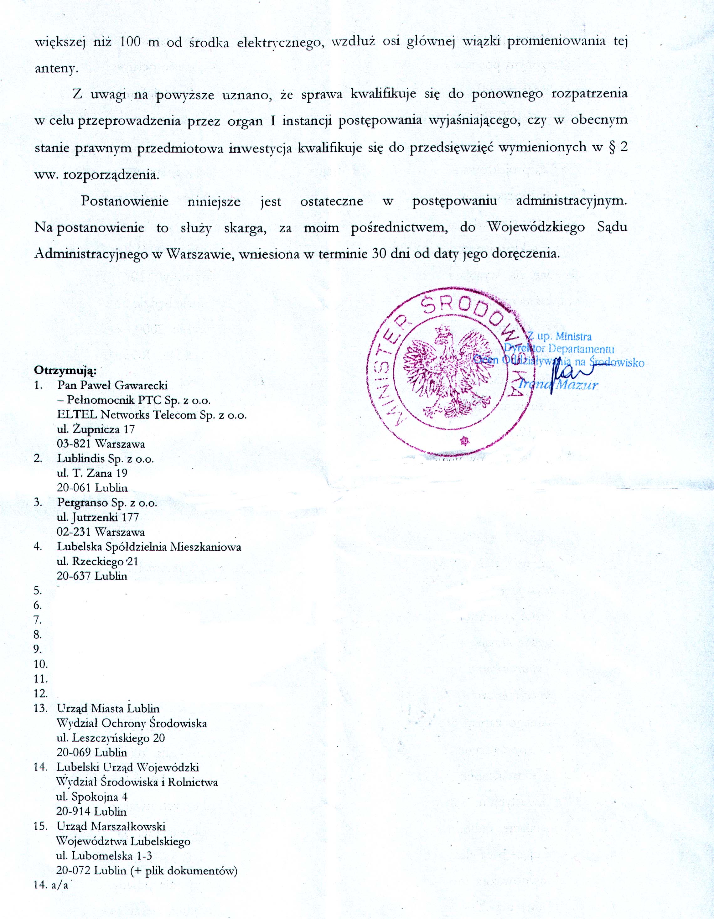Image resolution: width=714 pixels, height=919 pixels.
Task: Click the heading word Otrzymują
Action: pyautogui.click(x=65, y=371)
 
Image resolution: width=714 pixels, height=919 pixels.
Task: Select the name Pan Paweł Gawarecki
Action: pyautogui.click(x=112, y=385)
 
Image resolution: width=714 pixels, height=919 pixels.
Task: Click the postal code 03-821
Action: pyautogui.click(x=75, y=444)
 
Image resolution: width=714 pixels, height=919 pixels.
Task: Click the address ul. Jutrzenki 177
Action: pyautogui.click(x=98, y=517)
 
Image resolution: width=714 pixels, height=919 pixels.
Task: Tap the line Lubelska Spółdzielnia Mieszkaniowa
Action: pyautogui.click(x=149, y=547)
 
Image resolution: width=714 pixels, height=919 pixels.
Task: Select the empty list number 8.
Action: pyautogui.click(x=38, y=635)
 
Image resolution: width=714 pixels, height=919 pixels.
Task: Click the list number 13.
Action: pyautogui.click(x=40, y=708)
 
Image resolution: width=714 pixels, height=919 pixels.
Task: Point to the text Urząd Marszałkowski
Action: pyautogui.click(x=111, y=826)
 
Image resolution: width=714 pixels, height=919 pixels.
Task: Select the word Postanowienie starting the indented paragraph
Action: pyautogui.click(x=125, y=201)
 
